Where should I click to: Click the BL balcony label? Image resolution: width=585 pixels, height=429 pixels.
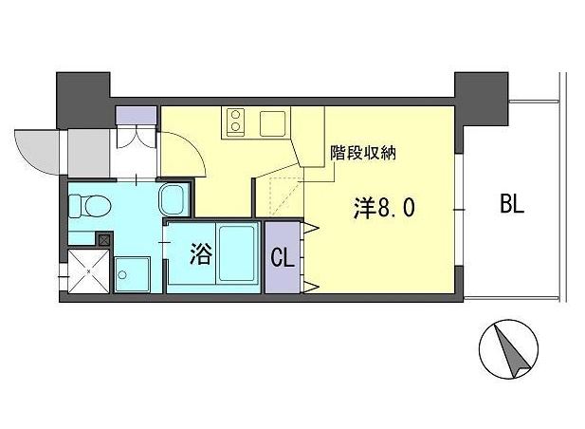511,204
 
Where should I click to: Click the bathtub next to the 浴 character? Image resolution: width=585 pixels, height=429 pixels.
234,254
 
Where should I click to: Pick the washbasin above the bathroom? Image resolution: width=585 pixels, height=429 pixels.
173,200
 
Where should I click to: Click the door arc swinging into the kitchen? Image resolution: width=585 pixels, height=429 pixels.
185,147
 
